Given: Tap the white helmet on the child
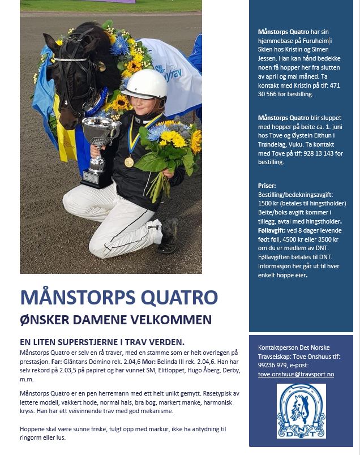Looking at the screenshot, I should tap(144, 85).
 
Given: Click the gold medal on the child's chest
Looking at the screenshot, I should tap(129, 162).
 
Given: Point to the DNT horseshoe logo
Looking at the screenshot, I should tap(301, 411).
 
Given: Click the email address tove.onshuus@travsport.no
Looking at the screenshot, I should tap(295, 374).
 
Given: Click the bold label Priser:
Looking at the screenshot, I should tap(267, 185).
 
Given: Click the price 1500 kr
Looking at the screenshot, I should tap(270, 203).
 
